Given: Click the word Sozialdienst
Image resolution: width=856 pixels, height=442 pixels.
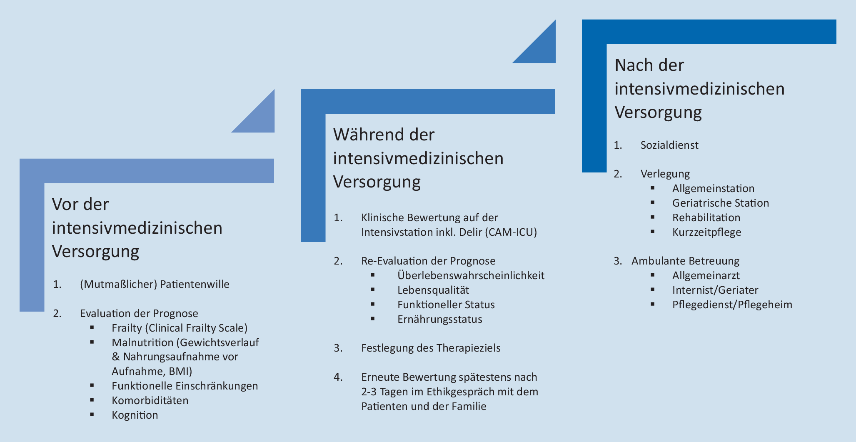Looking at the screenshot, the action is click(x=669, y=145).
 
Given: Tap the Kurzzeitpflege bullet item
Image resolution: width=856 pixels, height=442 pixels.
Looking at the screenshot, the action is click(x=706, y=232).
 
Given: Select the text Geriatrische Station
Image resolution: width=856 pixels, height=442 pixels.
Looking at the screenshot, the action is click(x=720, y=203).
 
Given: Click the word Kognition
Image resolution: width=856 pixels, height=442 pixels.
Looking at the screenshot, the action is click(x=135, y=415).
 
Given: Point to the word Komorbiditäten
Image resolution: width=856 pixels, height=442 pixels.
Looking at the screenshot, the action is click(x=150, y=400).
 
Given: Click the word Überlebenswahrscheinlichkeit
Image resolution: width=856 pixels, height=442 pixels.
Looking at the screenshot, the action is click(x=471, y=275).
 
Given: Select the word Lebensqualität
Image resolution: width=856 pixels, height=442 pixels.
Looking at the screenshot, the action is click(x=433, y=290).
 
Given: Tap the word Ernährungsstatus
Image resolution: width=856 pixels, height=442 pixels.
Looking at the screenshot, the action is click(x=439, y=319).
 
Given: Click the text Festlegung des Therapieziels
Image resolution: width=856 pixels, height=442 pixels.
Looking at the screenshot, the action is click(x=431, y=348).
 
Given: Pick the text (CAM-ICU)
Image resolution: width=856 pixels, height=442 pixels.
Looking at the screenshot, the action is click(x=511, y=232).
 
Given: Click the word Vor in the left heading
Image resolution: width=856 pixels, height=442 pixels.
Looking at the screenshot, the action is click(x=66, y=205).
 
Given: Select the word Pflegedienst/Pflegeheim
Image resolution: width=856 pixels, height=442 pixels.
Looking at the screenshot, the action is click(x=732, y=305).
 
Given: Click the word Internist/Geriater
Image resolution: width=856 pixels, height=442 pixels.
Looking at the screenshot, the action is click(x=715, y=290).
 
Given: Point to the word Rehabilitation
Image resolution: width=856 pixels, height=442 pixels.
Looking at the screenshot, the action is click(x=706, y=217).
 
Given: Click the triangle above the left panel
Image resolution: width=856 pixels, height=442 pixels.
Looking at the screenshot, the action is click(x=260, y=118).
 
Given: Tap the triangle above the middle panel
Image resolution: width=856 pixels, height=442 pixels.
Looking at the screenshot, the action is click(x=542, y=49).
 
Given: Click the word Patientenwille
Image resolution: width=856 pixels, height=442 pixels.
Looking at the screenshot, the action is click(x=195, y=284).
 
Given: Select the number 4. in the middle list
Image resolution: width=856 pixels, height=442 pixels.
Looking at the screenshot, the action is click(x=338, y=377).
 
